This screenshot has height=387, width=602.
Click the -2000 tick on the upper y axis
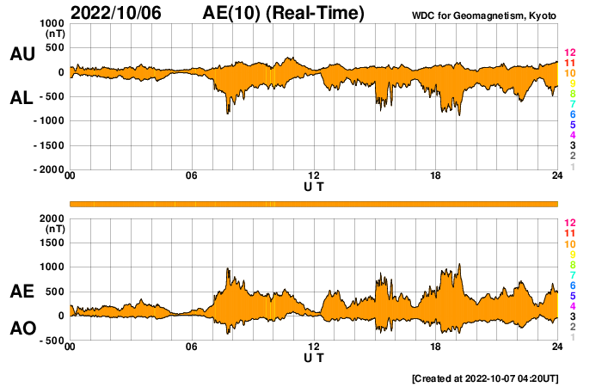pyautogui.click(x=48, y=170)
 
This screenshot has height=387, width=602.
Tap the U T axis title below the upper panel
pyautogui.click(x=314, y=187)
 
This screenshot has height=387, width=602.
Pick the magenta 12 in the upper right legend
pyautogui.click(x=568, y=52)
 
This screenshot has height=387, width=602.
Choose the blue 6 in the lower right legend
pyautogui.click(x=571, y=285)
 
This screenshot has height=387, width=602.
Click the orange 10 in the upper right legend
pyautogui.click(x=568, y=74)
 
